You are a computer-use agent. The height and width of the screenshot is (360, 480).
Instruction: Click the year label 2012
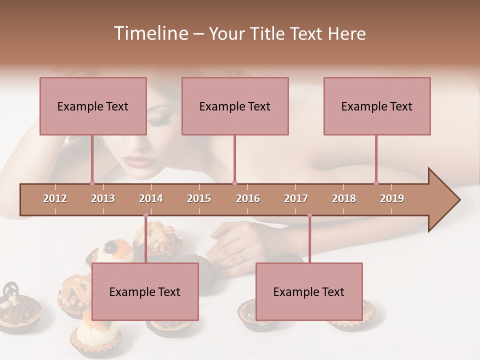click(55, 198)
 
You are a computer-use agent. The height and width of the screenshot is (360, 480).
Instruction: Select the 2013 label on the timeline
click(103, 198)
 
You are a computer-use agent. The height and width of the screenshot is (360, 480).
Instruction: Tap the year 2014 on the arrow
click(151, 198)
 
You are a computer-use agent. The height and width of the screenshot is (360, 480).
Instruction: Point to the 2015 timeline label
click(199, 198)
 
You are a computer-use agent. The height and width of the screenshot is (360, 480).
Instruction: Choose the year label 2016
click(248, 198)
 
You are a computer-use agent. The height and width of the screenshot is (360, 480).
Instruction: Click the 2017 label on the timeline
click(296, 198)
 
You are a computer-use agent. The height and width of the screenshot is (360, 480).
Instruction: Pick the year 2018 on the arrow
click(344, 198)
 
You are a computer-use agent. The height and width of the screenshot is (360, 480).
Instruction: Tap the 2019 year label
click(392, 198)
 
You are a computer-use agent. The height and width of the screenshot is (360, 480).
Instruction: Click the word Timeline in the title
click(150, 33)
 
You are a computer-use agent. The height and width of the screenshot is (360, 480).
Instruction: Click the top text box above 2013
click(93, 106)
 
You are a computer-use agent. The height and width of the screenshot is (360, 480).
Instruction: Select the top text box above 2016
click(235, 106)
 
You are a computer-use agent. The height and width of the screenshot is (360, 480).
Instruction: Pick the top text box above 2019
click(377, 106)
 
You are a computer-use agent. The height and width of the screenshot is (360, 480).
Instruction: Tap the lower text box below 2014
click(145, 291)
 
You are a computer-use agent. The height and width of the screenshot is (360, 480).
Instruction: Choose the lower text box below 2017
click(309, 291)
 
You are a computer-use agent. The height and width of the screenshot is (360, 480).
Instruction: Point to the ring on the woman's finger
click(243, 257)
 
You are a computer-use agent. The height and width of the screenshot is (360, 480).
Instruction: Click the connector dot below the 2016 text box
click(234, 183)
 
